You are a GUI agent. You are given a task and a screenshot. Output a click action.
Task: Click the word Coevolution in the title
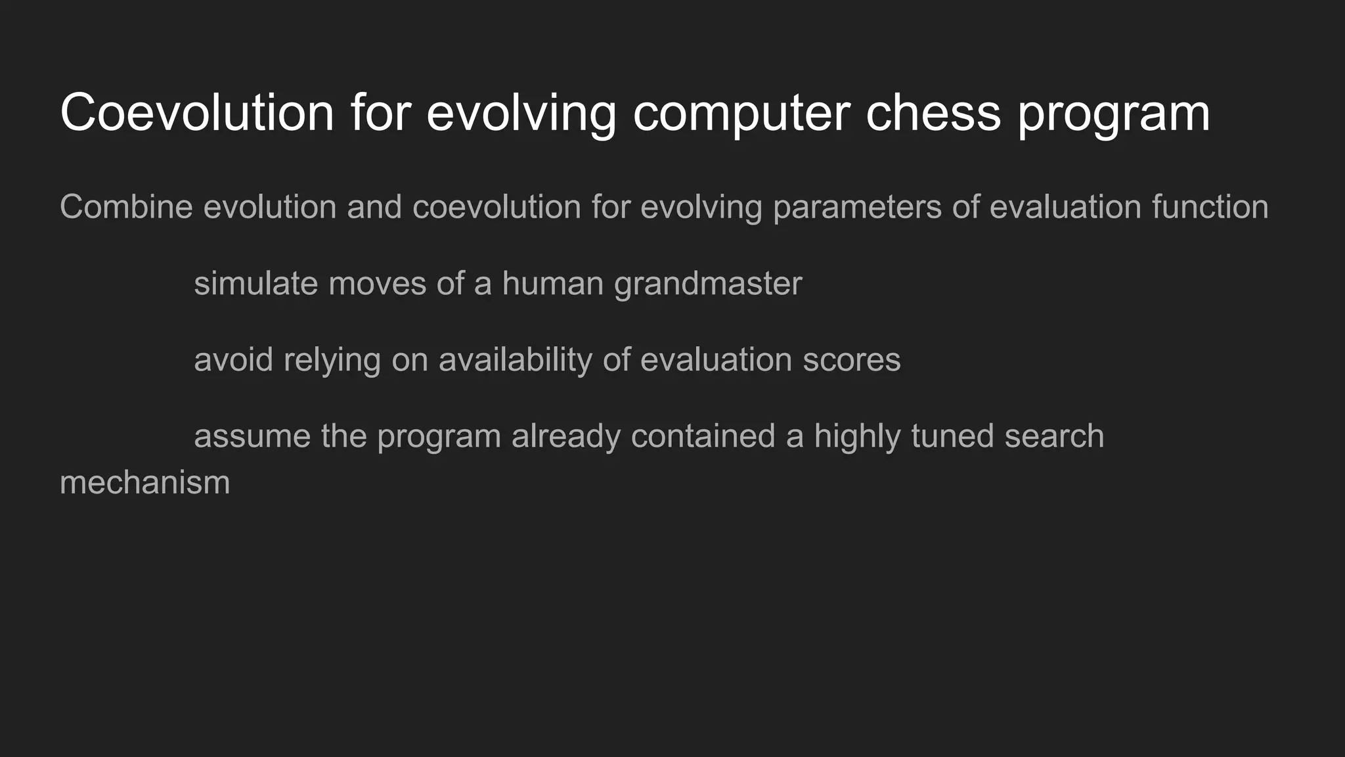[197, 113]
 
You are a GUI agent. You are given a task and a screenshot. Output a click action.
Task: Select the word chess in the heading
[933, 113]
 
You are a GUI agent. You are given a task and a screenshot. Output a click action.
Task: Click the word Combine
[126, 207]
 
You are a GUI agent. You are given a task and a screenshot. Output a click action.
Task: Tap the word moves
[377, 284]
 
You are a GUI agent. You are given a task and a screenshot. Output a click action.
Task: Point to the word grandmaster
[708, 284]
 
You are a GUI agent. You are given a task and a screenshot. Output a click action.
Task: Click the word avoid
[233, 360]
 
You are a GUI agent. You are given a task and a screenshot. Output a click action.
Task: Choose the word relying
[332, 360]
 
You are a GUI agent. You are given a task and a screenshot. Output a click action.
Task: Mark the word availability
[515, 360]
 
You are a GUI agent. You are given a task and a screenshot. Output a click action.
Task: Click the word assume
[252, 436]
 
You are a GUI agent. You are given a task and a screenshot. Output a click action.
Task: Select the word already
[565, 436]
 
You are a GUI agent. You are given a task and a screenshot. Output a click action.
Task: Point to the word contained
[703, 436]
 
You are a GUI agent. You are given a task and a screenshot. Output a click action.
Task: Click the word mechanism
[144, 483]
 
